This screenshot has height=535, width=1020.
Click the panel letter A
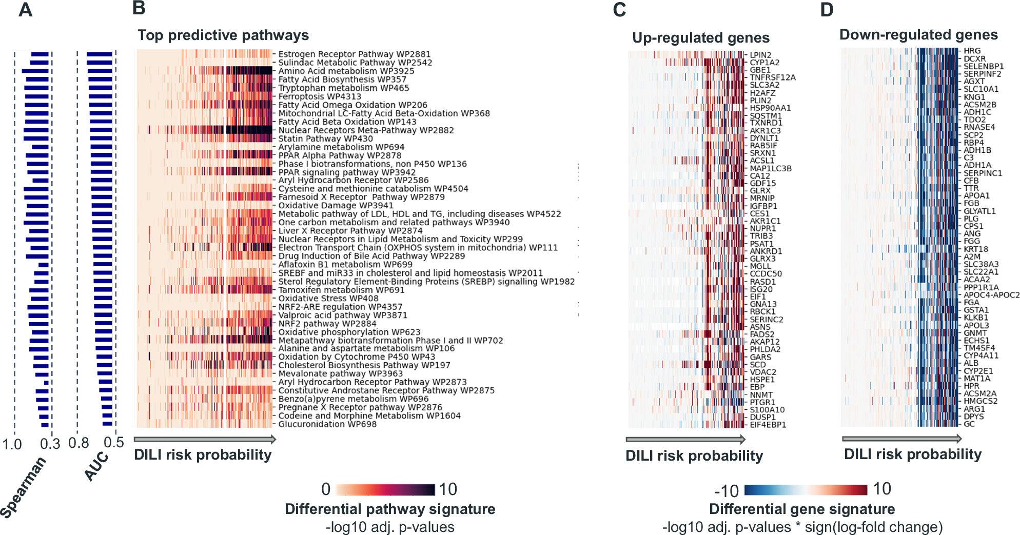point(25,10)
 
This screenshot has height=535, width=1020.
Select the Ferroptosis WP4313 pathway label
point(319,96)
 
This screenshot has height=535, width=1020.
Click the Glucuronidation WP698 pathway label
point(327,424)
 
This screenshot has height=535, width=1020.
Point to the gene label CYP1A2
point(764,63)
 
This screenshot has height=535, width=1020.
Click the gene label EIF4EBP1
point(768,425)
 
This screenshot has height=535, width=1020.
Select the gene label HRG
point(972,51)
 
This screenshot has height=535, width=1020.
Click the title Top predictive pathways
point(223,35)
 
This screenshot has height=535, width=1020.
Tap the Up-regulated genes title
point(700,37)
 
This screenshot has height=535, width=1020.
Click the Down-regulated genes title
point(918,34)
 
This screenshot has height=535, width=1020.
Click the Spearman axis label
point(23,487)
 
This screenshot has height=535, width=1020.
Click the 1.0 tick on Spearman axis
point(12,444)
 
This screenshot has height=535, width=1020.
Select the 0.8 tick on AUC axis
point(79,443)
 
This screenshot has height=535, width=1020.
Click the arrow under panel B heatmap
point(205,439)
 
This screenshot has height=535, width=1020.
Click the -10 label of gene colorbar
point(726,491)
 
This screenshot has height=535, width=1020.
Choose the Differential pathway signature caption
point(389,509)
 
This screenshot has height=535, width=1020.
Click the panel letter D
point(827,10)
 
